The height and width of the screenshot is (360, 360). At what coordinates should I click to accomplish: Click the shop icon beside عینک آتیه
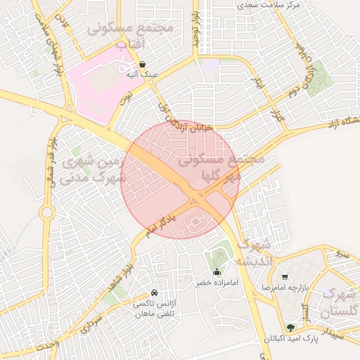[x=143, y=64]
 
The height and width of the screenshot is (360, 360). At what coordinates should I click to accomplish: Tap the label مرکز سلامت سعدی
[x=269, y=5]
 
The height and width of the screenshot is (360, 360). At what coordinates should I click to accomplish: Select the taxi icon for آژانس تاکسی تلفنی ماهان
[x=154, y=293]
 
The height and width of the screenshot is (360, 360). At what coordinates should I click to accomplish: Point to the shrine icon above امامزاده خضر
[x=217, y=272]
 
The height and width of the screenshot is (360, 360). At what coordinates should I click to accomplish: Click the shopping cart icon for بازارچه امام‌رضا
[x=284, y=277]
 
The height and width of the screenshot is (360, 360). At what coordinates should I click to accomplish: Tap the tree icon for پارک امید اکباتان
[x=290, y=328]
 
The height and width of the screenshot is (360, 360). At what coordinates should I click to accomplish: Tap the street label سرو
[x=342, y=251]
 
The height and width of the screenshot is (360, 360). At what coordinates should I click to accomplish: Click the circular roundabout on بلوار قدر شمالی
[x=47, y=212]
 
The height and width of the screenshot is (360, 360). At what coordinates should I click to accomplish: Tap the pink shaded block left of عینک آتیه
[x=98, y=88]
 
